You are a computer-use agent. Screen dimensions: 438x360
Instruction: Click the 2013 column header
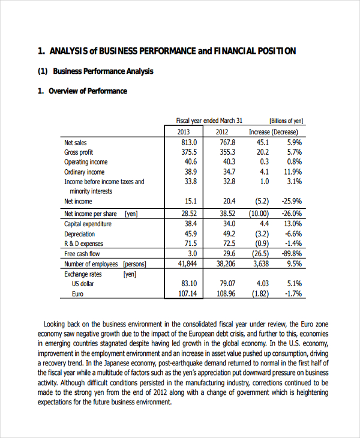click(x=183, y=132)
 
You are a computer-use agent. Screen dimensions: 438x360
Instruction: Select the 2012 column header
click(x=222, y=132)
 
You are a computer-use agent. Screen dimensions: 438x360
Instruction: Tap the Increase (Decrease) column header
click(x=273, y=132)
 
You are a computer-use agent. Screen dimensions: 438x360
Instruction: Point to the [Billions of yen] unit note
click(x=286, y=121)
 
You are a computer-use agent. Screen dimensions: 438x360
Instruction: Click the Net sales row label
click(x=76, y=143)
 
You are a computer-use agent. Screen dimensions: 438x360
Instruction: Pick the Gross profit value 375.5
click(x=189, y=152)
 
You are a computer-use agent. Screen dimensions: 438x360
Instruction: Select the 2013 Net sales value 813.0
click(x=189, y=143)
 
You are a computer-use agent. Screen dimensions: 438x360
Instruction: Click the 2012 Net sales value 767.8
click(x=227, y=143)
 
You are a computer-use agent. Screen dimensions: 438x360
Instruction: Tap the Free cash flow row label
click(x=82, y=254)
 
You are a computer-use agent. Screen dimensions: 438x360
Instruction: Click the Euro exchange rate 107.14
click(x=188, y=294)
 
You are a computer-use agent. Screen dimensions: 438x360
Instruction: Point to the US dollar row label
click(x=84, y=284)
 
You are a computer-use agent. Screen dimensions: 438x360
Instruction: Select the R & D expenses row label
click(x=83, y=244)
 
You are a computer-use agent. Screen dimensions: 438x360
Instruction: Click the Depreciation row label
click(x=79, y=234)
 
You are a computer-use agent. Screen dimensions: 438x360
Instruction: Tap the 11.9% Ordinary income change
click(x=293, y=172)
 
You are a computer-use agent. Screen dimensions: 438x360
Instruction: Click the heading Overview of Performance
click(x=88, y=91)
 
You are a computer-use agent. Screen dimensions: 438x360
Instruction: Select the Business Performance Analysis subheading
click(x=103, y=71)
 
